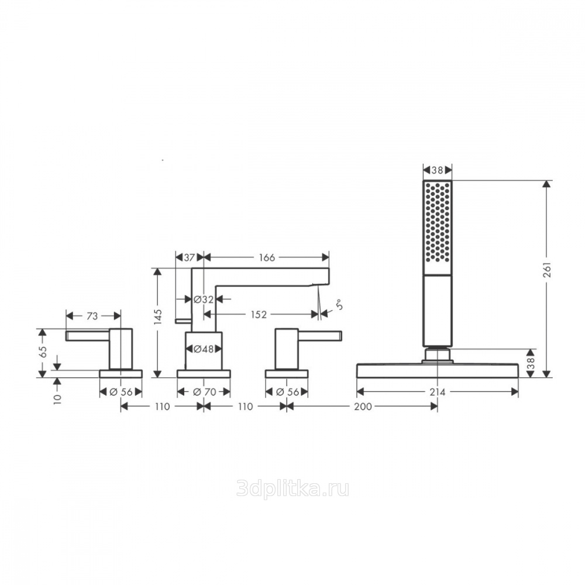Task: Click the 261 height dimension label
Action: pos(548,270)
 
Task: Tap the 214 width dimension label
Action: pos(437,392)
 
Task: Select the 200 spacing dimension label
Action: pos(363,407)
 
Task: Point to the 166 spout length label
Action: pos(267,257)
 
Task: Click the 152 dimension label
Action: pos(259,315)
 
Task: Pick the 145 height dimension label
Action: pos(158,316)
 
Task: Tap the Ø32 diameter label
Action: pos(204,299)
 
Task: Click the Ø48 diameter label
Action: pos(204,349)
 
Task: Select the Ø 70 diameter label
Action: pos(205,392)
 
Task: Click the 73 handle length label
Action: pos(92,316)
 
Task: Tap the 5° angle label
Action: pos(339,305)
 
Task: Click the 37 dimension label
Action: pos(190,257)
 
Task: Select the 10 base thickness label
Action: pos(57,399)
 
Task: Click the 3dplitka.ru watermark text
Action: pos(293,488)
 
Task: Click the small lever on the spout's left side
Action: pos(183,321)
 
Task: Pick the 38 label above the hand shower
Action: pos(437,170)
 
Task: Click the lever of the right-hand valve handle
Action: pos(320,336)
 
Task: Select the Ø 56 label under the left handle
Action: pos(121,392)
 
